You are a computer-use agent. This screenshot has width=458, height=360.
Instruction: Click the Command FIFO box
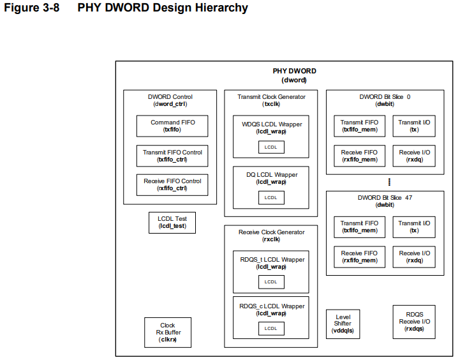[172, 126]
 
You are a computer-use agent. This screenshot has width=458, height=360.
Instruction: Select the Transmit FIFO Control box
[172, 156]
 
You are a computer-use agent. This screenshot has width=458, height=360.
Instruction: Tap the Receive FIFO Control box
[172, 184]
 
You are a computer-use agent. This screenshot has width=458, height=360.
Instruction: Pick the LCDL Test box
[172, 222]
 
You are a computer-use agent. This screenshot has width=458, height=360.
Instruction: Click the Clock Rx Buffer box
[168, 333]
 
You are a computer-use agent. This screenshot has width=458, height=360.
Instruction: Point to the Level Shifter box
[343, 324]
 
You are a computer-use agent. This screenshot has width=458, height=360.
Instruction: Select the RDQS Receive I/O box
[413, 321]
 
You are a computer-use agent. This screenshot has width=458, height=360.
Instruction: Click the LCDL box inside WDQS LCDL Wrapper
[271, 147]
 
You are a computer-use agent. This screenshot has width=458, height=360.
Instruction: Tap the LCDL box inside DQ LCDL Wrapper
[271, 197]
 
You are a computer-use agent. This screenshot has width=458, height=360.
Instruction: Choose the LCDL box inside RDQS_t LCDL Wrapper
[271, 281]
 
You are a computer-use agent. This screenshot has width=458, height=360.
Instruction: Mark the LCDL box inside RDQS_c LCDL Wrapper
[271, 328]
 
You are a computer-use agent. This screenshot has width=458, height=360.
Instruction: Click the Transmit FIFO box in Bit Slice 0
[359, 126]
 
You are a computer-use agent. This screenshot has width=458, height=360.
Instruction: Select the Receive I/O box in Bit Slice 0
[415, 156]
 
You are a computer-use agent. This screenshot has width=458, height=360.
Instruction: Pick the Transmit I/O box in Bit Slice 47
[415, 227]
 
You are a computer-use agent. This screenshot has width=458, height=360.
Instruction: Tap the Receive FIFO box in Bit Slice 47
[359, 257]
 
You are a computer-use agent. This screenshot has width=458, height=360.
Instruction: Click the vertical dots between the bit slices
[389, 182]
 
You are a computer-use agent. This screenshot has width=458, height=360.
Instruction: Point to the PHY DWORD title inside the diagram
[294, 71]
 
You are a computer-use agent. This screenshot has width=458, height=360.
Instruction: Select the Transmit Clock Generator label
[271, 97]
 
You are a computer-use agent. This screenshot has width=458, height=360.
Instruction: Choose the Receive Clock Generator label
[271, 232]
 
